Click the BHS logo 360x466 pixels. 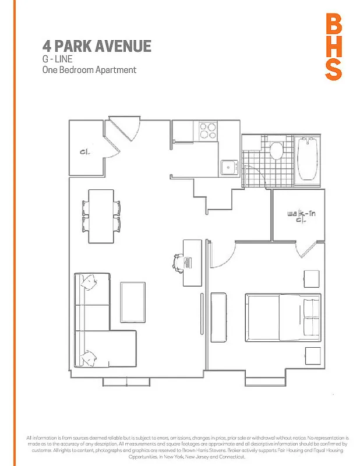point(333,47)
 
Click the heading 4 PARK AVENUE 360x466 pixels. point(97,46)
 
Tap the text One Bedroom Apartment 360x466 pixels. point(89,70)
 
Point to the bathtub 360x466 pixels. point(307,159)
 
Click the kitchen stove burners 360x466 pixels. point(207,130)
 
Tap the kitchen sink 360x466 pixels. point(228,167)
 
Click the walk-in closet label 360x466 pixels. point(298,217)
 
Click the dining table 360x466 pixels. point(101,216)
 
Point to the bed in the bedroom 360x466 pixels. point(282,317)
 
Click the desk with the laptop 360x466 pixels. point(192,263)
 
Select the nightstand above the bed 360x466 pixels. point(312,278)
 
